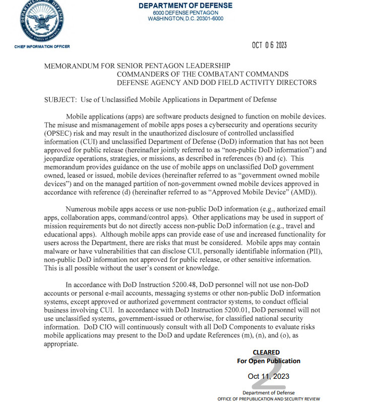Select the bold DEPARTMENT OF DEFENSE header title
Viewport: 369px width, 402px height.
coord(186,6)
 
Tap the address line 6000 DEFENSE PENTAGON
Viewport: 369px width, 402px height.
coord(186,13)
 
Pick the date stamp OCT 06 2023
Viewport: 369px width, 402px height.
coord(269,45)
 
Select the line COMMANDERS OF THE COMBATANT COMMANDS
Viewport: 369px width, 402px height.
coord(202,74)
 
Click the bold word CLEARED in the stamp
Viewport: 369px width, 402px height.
coord(266,353)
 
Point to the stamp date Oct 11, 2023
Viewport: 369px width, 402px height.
coord(268,376)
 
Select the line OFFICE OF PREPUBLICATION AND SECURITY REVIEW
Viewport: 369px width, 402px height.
coord(269,398)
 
